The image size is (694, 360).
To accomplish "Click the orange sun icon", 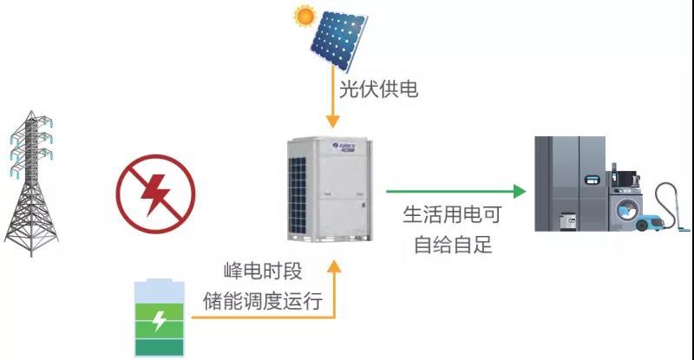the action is [304, 16].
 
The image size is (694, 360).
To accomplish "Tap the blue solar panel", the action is [338, 41].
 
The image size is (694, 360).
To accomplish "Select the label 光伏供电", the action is [378, 89].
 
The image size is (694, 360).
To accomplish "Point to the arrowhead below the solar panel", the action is [333, 121].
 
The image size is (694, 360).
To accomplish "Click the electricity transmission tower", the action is [31, 183].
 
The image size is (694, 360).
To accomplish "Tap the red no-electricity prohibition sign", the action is [155, 193].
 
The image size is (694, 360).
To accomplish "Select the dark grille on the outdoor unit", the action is [298, 195].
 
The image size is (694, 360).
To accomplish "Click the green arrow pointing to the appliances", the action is [456, 192].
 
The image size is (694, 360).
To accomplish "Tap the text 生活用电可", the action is [452, 215].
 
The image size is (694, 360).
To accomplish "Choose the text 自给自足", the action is [453, 245].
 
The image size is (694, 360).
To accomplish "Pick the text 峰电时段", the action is [263, 271].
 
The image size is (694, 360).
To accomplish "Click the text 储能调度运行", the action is [263, 301].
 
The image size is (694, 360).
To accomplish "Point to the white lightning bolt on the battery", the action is [159, 321].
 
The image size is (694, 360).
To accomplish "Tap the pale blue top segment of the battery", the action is [160, 291].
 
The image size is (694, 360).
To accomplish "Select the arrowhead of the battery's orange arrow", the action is [334, 266].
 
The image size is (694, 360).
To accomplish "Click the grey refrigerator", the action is [570, 183].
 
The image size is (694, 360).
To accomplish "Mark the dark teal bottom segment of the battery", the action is [160, 348].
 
